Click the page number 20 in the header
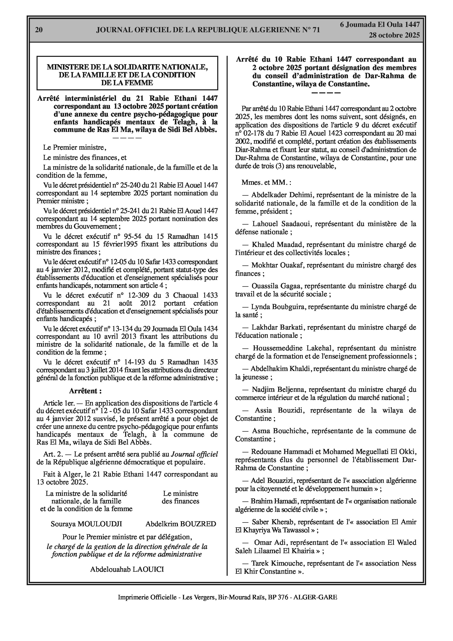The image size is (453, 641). point(39,30)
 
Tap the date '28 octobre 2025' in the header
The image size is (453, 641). point(394,35)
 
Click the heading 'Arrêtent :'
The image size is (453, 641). point(85,391)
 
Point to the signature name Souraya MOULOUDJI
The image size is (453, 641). point(86,524)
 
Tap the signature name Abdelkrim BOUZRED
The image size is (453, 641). point(181,524)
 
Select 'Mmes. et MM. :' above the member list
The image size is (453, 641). point(266,183)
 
